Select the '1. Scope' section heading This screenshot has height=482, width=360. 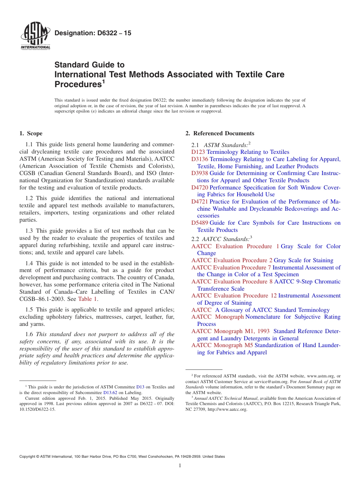(31, 133)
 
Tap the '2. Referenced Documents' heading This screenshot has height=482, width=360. (220, 133)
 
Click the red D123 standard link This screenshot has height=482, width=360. (198, 152)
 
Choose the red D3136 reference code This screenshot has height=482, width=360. (200, 159)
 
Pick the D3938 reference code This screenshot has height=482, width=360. (200, 173)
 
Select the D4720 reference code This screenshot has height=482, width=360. (200, 188)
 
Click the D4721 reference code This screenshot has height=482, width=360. (200, 202)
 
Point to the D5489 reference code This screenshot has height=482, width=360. (200, 223)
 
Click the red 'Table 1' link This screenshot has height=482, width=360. (88, 299)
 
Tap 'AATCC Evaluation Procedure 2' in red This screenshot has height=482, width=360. (232, 260)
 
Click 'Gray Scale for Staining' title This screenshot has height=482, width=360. (303, 260)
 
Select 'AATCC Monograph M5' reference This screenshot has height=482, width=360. (222, 345)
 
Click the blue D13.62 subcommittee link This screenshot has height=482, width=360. (110, 393)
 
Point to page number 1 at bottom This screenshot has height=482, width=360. (180, 466)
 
